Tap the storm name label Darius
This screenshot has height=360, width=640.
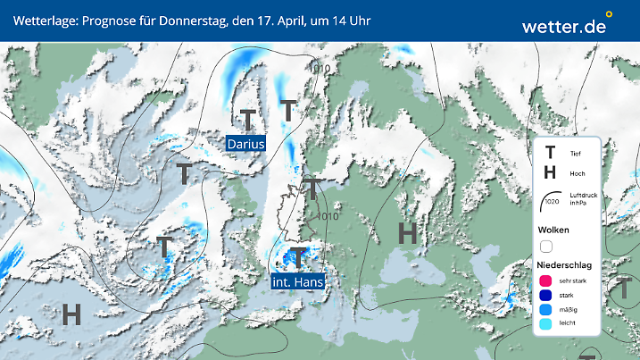[x=245, y=143]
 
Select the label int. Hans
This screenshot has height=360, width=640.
[x=298, y=281]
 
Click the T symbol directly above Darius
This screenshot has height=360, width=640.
[x=247, y=119]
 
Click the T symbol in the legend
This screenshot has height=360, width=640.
[x=551, y=154]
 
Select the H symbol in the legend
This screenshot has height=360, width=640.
[x=551, y=173]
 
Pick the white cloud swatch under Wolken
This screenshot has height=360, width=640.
[x=547, y=246]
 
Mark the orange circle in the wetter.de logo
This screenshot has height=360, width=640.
[x=609, y=14]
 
